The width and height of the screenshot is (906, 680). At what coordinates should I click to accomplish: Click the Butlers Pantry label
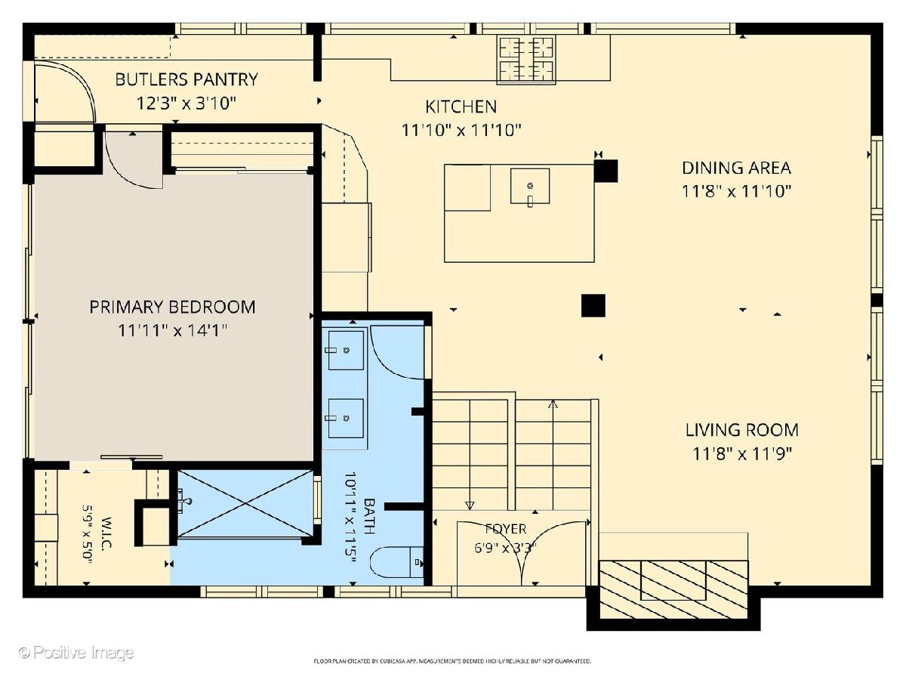pyautogui.click(x=186, y=79)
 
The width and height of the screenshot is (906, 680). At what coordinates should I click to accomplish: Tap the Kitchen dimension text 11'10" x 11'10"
pyautogui.click(x=461, y=131)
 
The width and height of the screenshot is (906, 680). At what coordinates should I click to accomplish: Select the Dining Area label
pyautogui.click(x=736, y=168)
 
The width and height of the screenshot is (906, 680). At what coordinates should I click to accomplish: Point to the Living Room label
pyautogui.click(x=741, y=430)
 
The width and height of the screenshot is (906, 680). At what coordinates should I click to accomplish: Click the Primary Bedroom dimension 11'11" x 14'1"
pyautogui.click(x=173, y=330)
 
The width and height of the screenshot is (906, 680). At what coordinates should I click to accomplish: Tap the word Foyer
pyautogui.click(x=505, y=529)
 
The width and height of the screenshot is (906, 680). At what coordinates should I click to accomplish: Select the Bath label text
pyautogui.click(x=369, y=516)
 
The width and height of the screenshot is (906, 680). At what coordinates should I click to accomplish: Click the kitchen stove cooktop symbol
pyautogui.click(x=526, y=60)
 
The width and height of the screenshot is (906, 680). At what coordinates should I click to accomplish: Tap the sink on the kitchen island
pyautogui.click(x=530, y=186)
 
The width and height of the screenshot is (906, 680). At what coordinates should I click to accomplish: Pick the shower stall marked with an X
pyautogui.click(x=245, y=503)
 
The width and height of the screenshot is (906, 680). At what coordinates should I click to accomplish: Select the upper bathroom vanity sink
pyautogui.click(x=346, y=350)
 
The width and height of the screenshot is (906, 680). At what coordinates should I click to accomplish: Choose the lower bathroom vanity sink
pyautogui.click(x=346, y=419)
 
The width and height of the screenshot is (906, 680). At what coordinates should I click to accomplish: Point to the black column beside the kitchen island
pyautogui.click(x=606, y=171)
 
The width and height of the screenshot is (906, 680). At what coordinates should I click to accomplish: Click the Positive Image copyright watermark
pyautogui.click(x=76, y=652)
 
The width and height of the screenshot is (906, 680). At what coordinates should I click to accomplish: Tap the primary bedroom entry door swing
pyautogui.click(x=134, y=160)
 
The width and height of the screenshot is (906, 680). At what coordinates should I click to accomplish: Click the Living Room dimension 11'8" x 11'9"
pyautogui.click(x=742, y=454)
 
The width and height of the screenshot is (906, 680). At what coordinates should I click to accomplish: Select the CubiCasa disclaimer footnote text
pyautogui.click(x=452, y=661)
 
